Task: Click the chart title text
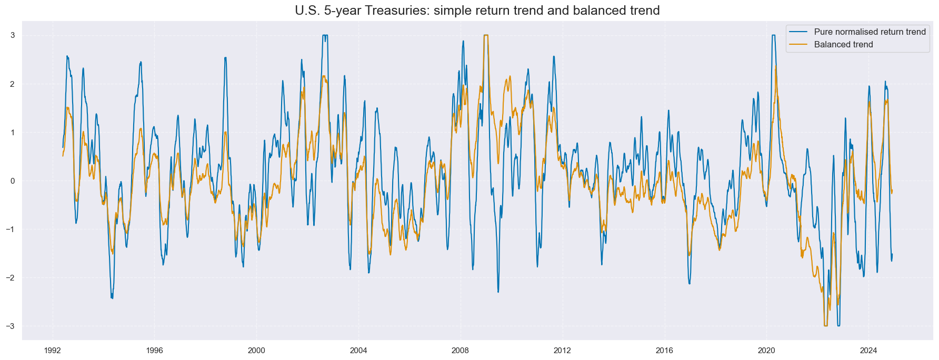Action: coord(477,11)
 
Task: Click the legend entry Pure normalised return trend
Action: coord(870,32)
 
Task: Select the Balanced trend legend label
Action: coord(843,45)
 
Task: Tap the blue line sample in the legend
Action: coord(798,32)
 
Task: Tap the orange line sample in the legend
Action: coord(798,45)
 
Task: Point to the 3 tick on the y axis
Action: coord(12,35)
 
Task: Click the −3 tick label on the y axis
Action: coord(10,326)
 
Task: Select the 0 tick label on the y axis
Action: coord(12,181)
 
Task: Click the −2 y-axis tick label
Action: coord(10,278)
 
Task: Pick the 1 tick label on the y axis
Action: coord(12,133)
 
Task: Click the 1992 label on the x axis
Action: coord(52,350)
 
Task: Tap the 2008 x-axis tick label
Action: coord(460,350)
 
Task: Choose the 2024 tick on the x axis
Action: coord(868,350)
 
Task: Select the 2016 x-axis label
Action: coord(664,350)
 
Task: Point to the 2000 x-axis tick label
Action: coord(256,350)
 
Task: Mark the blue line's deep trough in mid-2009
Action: coord(498,291)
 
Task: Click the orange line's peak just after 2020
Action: coord(776,66)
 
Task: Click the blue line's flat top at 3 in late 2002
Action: coord(325,36)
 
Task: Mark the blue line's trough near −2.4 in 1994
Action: coord(112,297)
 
